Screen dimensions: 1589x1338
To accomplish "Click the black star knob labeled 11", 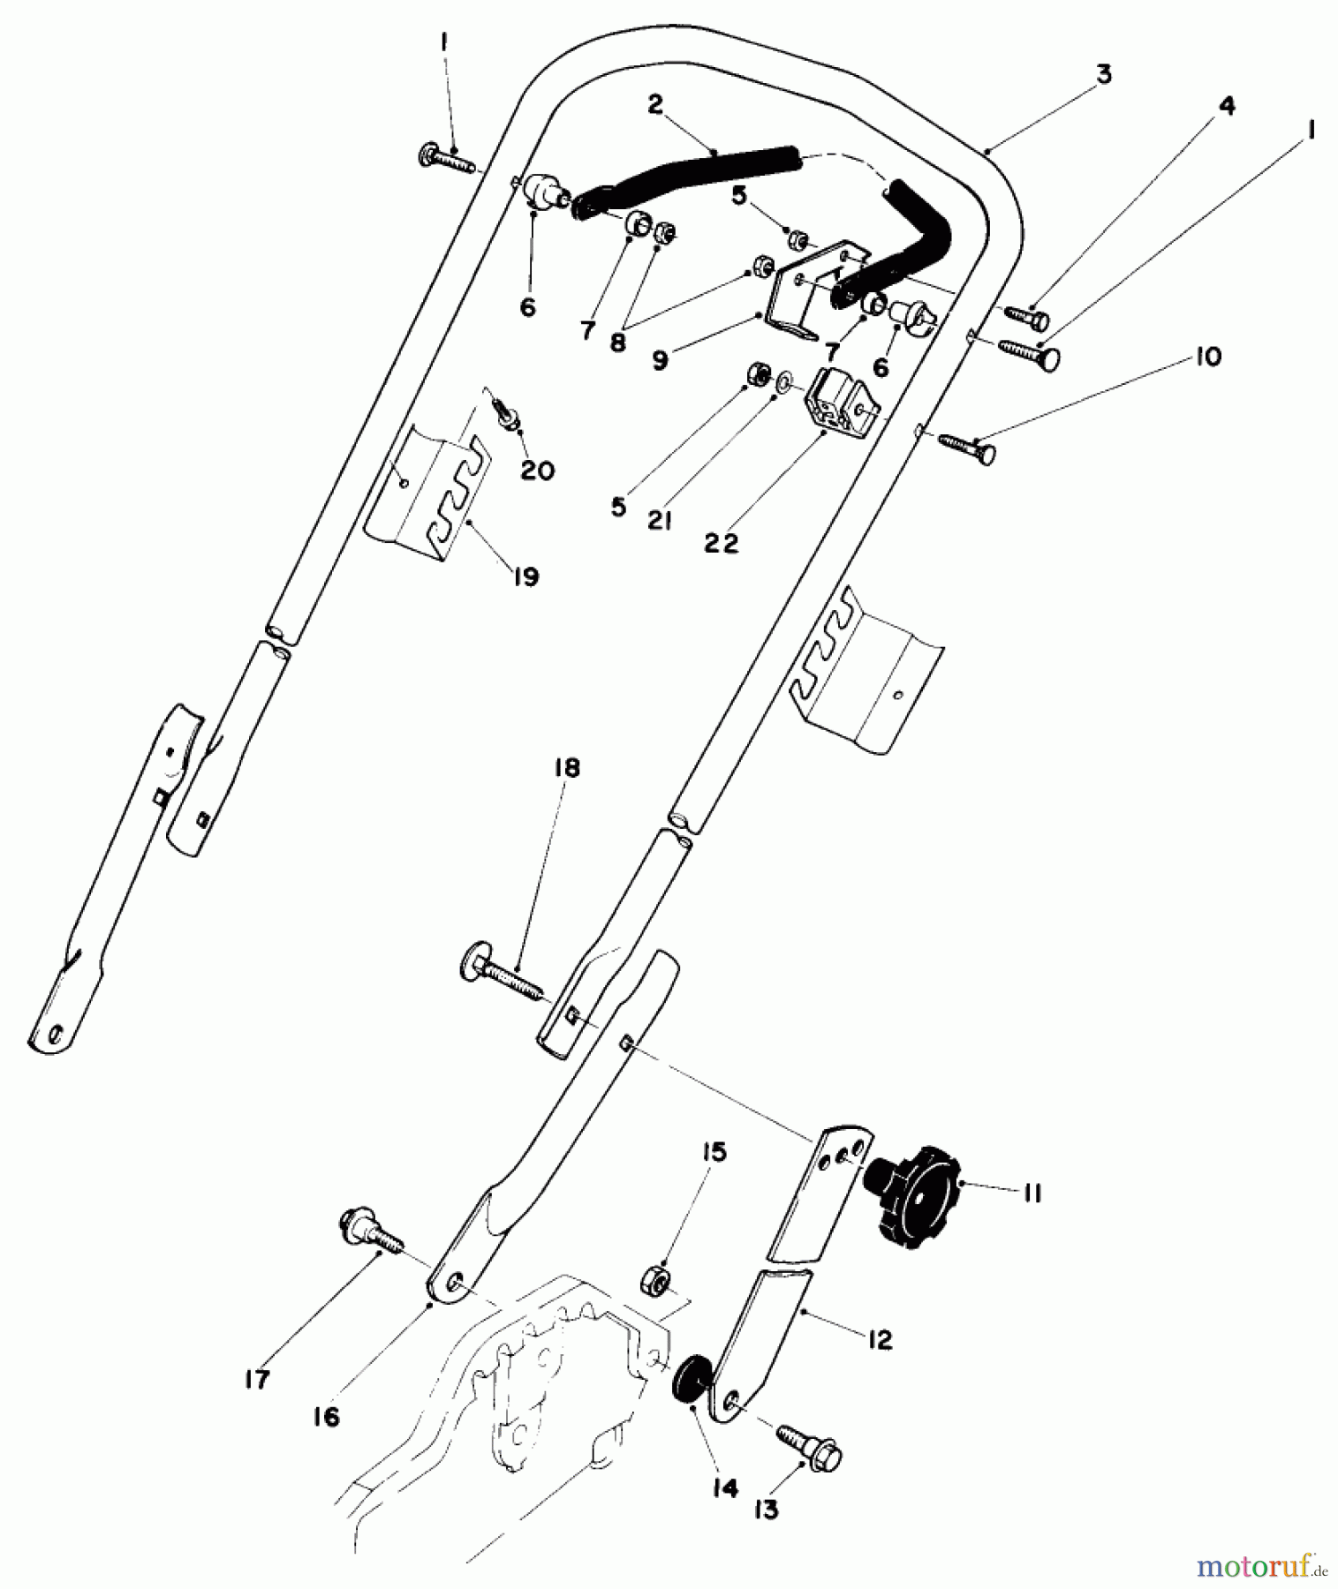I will [915, 1192].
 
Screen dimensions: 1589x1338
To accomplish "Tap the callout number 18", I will [567, 768].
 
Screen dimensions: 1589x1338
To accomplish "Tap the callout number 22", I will [722, 544].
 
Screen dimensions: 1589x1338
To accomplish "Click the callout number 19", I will [525, 576].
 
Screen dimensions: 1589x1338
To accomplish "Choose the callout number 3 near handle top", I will [1104, 74].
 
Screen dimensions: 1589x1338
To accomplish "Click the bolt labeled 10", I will [967, 447].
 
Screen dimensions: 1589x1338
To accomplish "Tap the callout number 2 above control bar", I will [654, 104].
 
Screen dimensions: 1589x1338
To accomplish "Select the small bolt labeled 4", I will [1025, 316].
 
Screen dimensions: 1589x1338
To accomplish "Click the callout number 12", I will [880, 1339].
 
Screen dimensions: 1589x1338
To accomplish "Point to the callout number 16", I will [326, 1417].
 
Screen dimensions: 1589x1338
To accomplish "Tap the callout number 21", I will [659, 521].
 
